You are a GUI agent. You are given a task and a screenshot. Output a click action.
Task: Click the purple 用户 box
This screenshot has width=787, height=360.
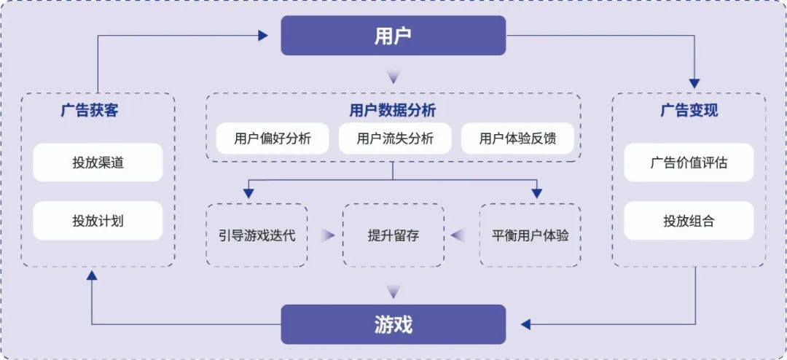(393, 35)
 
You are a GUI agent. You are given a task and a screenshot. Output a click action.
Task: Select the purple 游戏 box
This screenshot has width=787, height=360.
(393, 324)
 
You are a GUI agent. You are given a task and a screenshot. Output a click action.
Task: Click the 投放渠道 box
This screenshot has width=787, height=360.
(98, 162)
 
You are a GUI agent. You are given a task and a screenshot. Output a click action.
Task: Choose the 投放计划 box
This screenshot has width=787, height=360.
(98, 220)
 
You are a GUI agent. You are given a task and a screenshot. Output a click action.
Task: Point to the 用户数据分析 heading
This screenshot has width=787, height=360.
(393, 111)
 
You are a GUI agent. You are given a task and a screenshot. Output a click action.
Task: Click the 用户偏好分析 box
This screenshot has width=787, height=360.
(273, 138)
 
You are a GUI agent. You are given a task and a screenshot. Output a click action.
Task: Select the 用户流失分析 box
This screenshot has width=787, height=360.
(395, 138)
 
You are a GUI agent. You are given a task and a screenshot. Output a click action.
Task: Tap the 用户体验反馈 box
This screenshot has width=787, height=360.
(518, 138)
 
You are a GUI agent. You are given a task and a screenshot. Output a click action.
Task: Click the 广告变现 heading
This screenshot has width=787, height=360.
(689, 111)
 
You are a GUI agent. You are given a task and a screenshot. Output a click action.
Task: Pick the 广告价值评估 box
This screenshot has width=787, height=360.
(689, 162)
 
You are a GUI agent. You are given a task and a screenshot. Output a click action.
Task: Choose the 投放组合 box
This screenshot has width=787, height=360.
(689, 220)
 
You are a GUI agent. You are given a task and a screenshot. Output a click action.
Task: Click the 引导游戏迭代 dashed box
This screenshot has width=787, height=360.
(257, 235)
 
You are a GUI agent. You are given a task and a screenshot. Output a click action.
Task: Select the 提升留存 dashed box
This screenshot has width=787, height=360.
(393, 235)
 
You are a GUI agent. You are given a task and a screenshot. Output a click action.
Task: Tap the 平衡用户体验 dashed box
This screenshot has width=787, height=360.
(530, 235)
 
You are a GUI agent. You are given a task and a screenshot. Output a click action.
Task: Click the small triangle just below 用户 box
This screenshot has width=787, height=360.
(393, 77)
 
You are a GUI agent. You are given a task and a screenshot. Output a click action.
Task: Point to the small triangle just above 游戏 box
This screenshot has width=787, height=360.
(393, 291)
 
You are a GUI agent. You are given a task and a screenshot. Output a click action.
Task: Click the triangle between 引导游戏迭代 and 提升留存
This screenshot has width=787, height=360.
(329, 235)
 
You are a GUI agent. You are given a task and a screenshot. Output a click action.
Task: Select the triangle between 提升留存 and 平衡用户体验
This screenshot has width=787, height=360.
(458, 235)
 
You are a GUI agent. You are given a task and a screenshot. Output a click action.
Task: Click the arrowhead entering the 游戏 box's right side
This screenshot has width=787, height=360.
(525, 324)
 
